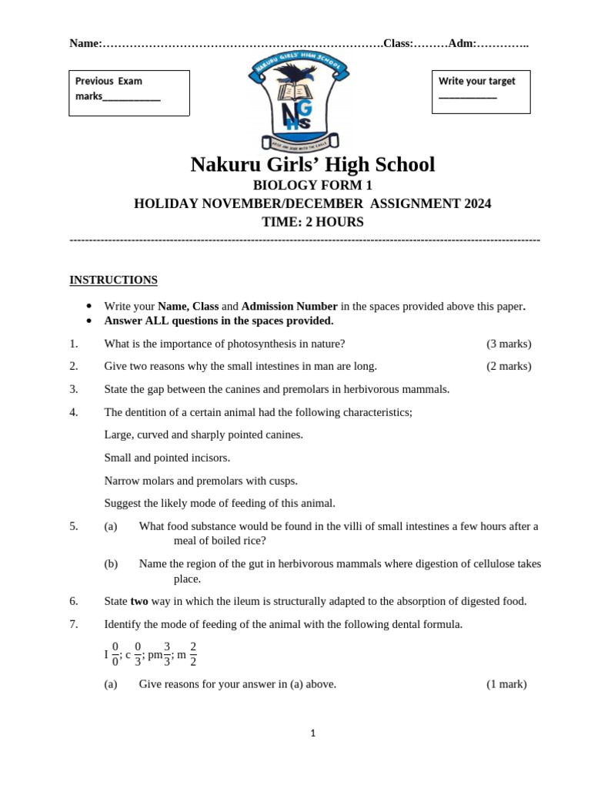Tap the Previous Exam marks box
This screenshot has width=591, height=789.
click(x=129, y=92)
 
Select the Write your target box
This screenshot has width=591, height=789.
click(x=480, y=91)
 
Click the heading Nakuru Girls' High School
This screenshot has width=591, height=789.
click(x=312, y=165)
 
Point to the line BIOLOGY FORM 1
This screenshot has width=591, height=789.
click(x=312, y=185)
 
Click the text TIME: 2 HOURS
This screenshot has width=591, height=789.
click(x=312, y=222)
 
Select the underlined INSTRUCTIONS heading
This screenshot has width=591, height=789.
click(x=113, y=280)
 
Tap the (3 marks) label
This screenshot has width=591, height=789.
click(x=509, y=344)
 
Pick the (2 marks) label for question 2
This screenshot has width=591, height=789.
click(x=509, y=366)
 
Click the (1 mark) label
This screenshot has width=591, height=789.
click(x=506, y=683)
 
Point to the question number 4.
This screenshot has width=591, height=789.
click(x=74, y=412)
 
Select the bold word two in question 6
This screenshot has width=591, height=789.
click(x=139, y=601)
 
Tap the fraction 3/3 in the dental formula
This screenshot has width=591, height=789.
click(x=167, y=654)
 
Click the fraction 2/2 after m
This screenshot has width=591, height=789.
click(x=193, y=654)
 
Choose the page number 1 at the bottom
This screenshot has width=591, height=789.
click(x=313, y=734)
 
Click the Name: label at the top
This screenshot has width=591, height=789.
click(x=85, y=44)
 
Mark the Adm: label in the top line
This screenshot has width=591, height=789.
click(x=462, y=44)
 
